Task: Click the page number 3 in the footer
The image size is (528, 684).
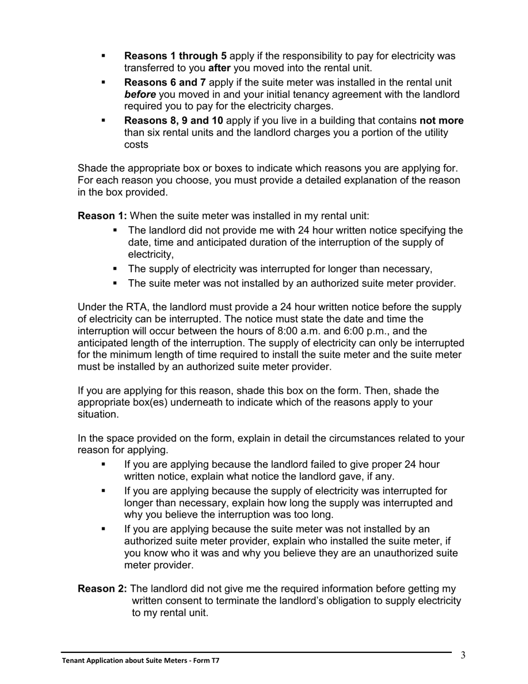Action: (x=463, y=656)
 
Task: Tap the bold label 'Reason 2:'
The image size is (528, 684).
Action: (x=102, y=589)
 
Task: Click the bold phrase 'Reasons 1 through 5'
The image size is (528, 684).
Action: (x=175, y=56)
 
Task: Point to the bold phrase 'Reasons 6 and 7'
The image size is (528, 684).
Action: (x=165, y=82)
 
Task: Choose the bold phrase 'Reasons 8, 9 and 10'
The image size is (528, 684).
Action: (x=174, y=121)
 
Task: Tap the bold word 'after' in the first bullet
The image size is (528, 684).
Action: (x=219, y=68)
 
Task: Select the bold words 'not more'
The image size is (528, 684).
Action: (x=441, y=121)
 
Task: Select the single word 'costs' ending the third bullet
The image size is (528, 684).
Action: (x=136, y=145)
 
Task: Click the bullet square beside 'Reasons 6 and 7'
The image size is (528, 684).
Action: (x=103, y=82)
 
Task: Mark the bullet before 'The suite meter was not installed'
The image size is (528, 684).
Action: (x=116, y=284)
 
